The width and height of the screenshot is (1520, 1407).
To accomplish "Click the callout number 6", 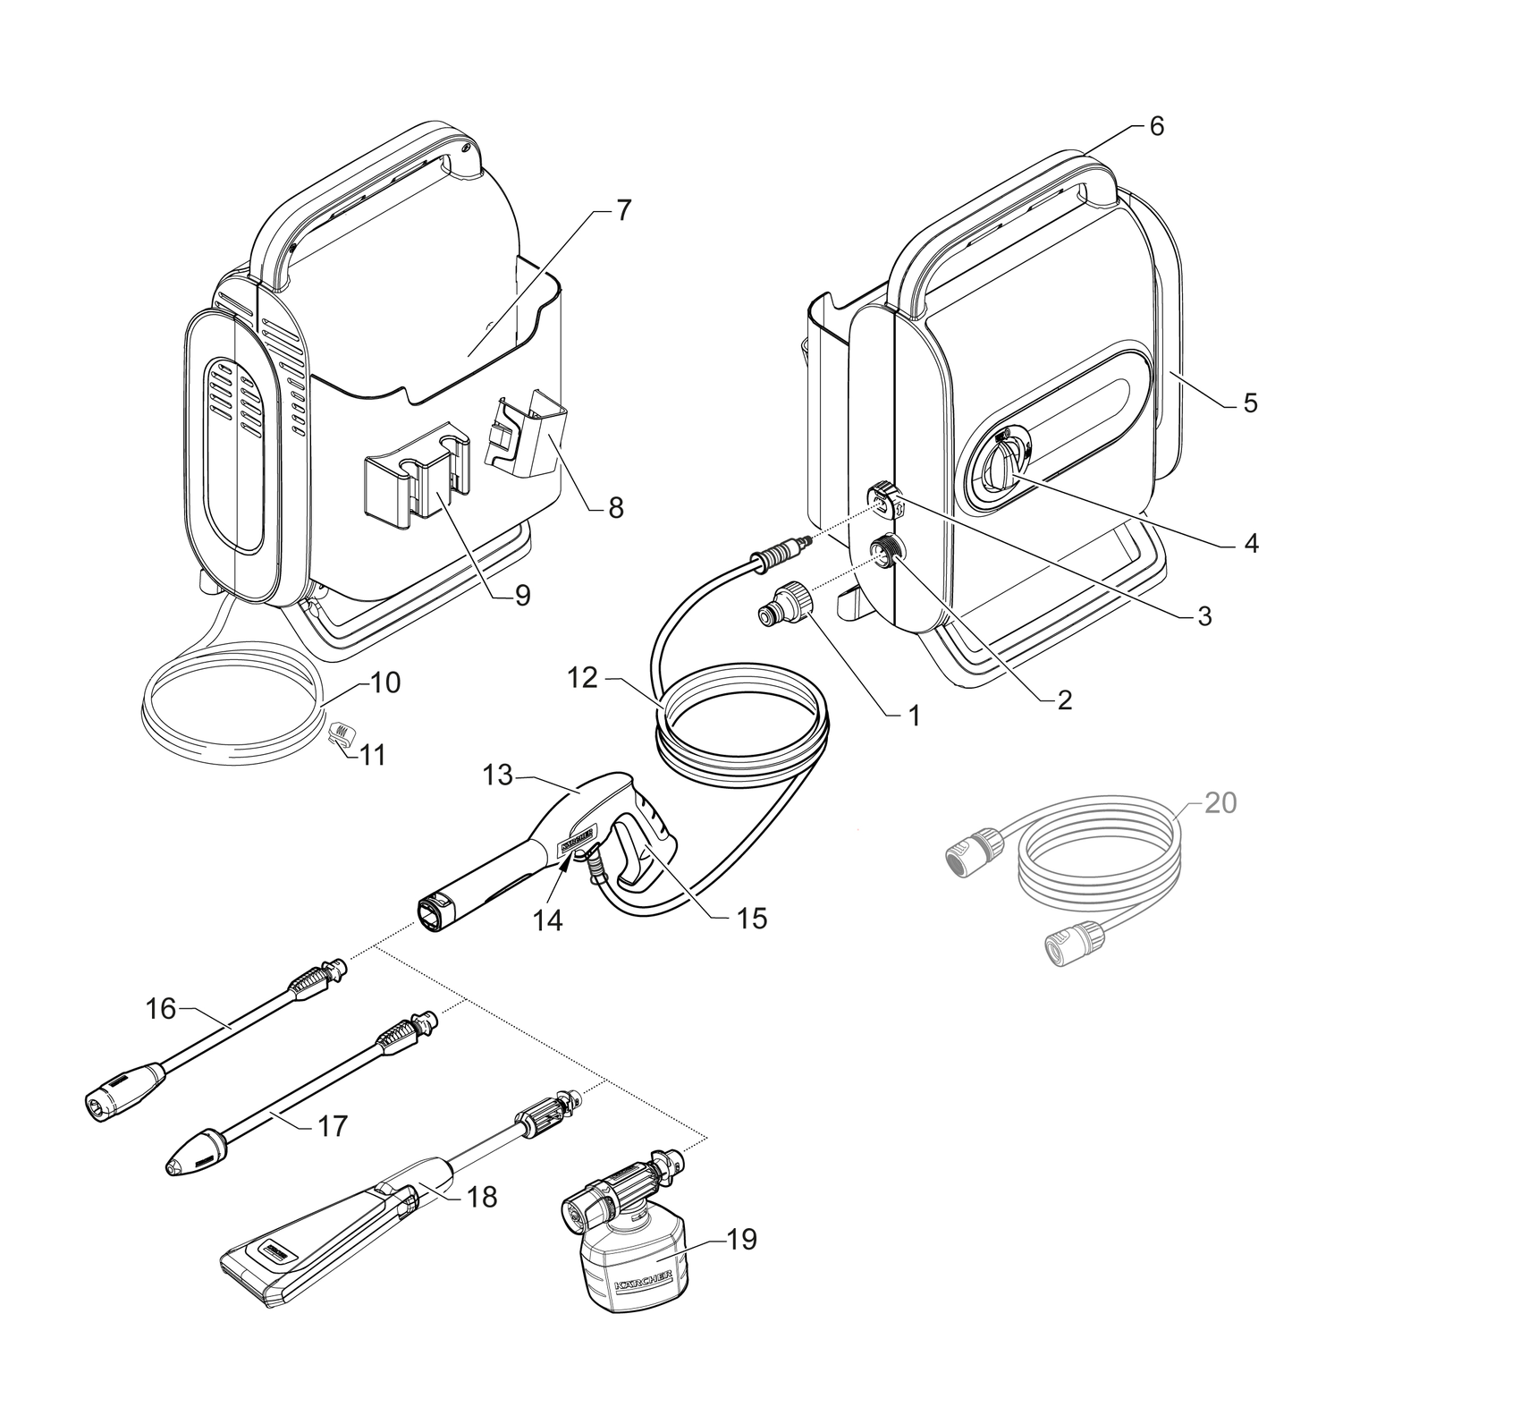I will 1156,127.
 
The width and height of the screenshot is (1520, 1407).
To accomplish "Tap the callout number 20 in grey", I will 1220,803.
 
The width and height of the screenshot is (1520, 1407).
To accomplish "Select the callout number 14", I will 548,920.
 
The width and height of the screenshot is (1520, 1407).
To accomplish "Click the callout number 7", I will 622,211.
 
